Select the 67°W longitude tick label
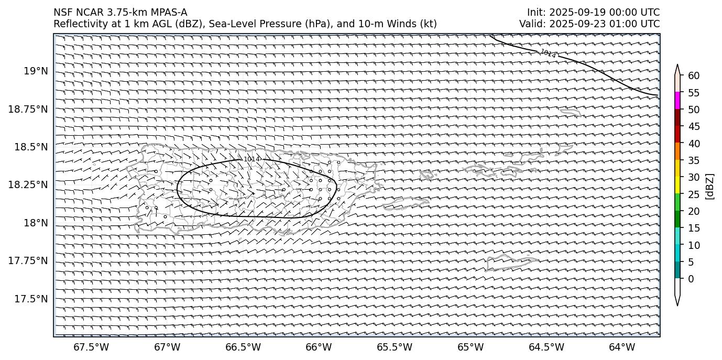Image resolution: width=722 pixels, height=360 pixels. [167, 347]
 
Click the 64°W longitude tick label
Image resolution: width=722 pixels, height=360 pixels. [622, 347]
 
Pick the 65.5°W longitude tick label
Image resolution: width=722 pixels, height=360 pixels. [395, 347]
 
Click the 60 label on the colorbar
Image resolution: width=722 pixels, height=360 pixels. [694, 75]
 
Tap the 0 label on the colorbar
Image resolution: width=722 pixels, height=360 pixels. [691, 279]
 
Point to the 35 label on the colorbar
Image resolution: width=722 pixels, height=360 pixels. [694, 160]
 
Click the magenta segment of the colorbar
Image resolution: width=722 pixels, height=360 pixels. [677, 101]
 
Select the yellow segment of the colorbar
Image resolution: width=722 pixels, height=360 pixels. [677, 185]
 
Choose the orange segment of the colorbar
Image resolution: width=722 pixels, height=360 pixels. [677, 151]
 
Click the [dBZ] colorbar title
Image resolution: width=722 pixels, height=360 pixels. [710, 186]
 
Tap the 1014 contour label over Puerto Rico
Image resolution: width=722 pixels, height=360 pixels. [252, 159]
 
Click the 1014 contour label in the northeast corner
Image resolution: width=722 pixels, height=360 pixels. [548, 53]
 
